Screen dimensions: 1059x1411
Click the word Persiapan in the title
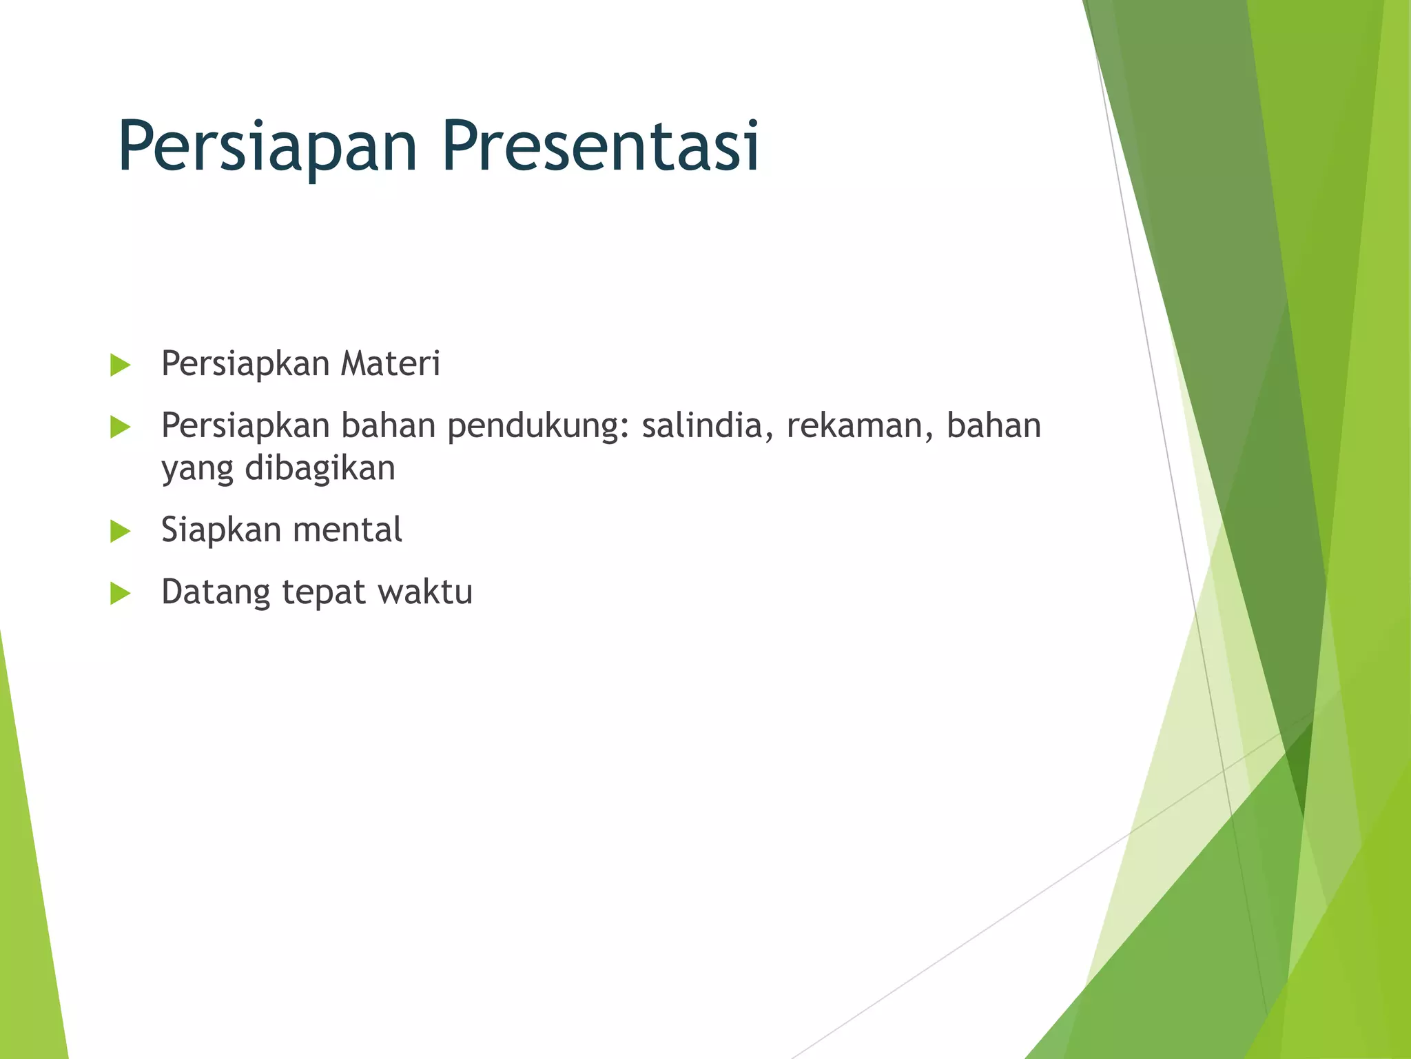coord(267,146)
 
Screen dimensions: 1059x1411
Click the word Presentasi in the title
coord(600,146)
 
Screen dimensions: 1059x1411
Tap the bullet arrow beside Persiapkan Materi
coord(120,365)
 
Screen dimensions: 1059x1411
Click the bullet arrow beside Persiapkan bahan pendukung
coord(120,427)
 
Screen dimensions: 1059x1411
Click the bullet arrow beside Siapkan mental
coord(120,532)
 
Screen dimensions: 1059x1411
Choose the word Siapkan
coord(221,530)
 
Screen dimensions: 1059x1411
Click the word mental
coord(347,530)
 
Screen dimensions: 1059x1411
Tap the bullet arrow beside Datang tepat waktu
coord(120,593)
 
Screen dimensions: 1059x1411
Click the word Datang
coord(216,593)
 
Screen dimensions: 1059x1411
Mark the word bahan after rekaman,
coord(993,425)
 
